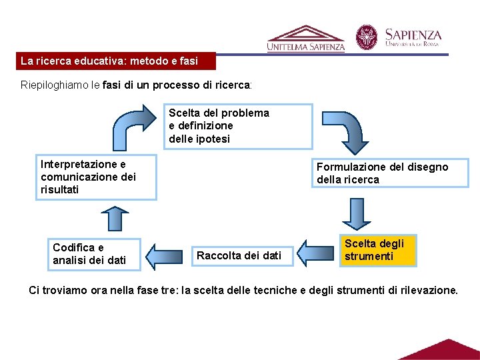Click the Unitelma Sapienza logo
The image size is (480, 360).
(x=306, y=39)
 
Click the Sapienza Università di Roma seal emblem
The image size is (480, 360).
(x=366, y=37)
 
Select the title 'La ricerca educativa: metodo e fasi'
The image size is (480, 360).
(x=109, y=61)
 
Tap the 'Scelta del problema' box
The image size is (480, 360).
(x=238, y=126)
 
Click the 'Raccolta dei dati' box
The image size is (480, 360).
(x=239, y=255)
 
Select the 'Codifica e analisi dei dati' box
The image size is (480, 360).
(x=96, y=254)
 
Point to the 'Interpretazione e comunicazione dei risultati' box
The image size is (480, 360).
(x=97, y=177)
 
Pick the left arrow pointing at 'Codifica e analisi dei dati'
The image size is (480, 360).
(x=163, y=257)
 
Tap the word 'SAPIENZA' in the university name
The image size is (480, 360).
(x=413, y=34)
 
